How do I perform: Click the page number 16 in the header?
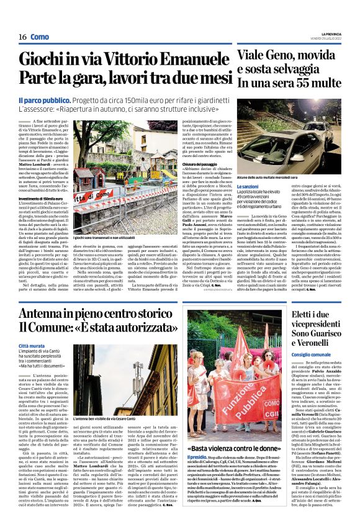coord(22,37)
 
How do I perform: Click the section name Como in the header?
coord(40,37)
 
